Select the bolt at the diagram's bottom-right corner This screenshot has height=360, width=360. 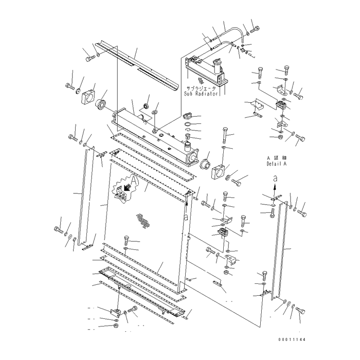[300, 311]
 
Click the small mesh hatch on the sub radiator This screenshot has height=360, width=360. [207, 81]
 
